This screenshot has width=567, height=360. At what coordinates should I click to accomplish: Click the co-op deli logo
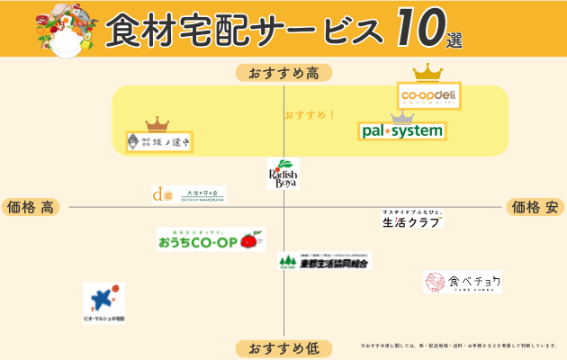click(x=429, y=95)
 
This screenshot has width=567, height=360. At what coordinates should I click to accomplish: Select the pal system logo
click(x=402, y=131)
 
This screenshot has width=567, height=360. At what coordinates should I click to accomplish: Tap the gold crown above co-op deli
click(x=427, y=72)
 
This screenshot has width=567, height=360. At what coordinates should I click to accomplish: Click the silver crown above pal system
click(x=402, y=115)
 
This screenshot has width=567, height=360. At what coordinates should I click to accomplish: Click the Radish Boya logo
click(x=283, y=174)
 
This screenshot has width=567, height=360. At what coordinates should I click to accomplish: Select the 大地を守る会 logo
click(x=188, y=193)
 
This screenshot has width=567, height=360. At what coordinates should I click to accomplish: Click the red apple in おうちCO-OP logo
click(x=247, y=240)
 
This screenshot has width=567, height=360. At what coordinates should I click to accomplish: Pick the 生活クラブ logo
click(x=412, y=219)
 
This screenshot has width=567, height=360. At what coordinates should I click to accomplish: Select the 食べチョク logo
click(x=463, y=283)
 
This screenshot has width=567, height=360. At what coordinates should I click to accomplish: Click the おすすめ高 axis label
click(x=283, y=73)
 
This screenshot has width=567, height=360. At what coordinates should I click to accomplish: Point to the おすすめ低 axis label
click(x=283, y=348)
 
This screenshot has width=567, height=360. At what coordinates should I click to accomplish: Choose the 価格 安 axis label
click(x=537, y=207)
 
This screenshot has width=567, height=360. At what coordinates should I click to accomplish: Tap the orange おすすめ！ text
click(x=310, y=115)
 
